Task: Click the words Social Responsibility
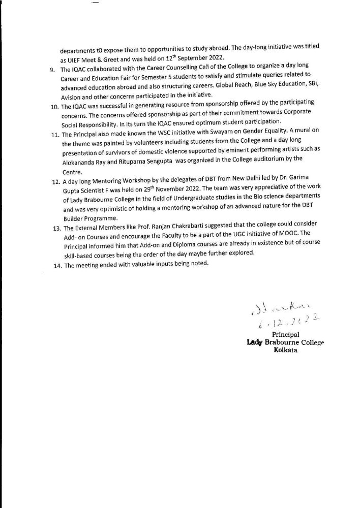pos(91,123)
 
